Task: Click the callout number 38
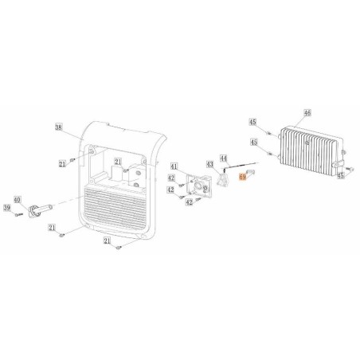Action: tap(58, 127)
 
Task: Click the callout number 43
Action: tap(210, 164)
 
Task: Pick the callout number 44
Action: tap(224, 158)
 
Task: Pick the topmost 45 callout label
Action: tap(252, 123)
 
